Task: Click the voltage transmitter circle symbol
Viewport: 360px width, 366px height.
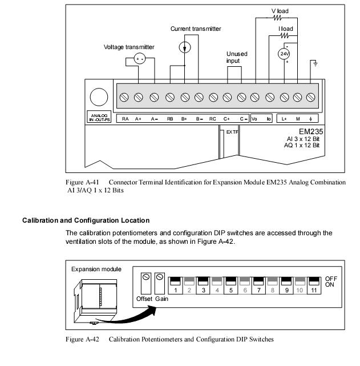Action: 140,59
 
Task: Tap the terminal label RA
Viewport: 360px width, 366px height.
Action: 126,119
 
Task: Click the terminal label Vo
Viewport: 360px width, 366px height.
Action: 255,119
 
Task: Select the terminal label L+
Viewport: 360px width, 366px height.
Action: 283,119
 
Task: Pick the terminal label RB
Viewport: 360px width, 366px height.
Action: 170,119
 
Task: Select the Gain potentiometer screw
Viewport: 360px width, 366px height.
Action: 159,278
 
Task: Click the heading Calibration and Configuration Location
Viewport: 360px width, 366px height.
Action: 86,220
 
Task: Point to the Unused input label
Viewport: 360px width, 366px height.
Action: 237,57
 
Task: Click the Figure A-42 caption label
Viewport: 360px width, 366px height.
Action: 84,339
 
